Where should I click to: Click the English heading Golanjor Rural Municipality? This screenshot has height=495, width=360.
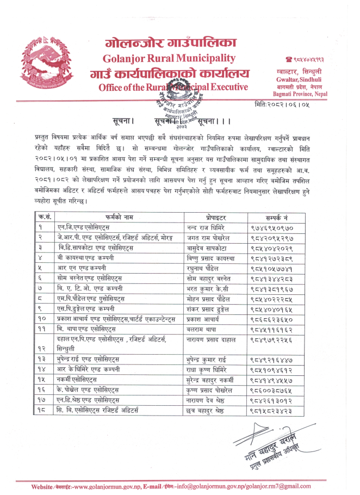171,58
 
